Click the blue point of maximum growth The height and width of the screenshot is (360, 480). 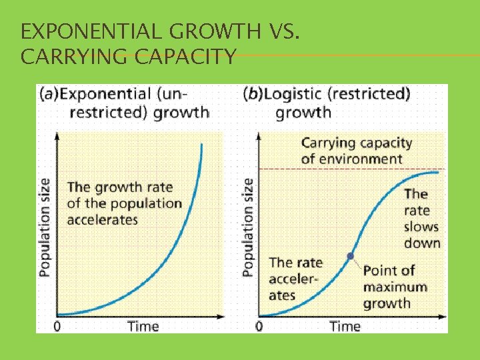pyautogui.click(x=351, y=255)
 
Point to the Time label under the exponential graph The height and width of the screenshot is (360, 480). pyautogui.click(x=143, y=327)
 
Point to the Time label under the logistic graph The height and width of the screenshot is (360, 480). pyautogui.click(x=345, y=327)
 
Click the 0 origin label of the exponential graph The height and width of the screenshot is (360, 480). pyautogui.click(x=57, y=327)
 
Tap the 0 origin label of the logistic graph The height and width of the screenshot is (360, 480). pyautogui.click(x=259, y=327)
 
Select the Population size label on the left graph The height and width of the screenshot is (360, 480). pyautogui.click(x=45, y=227)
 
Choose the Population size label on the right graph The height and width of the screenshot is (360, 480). pyautogui.click(x=247, y=227)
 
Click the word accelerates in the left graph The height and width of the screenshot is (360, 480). pyautogui.click(x=103, y=220)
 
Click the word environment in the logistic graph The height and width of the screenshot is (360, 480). pyautogui.click(x=360, y=159)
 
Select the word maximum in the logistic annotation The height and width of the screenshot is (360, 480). pyautogui.click(x=395, y=287)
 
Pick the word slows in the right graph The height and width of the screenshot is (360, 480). pyautogui.click(x=421, y=227)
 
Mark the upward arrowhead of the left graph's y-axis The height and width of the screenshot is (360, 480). pyautogui.click(x=57, y=135)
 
